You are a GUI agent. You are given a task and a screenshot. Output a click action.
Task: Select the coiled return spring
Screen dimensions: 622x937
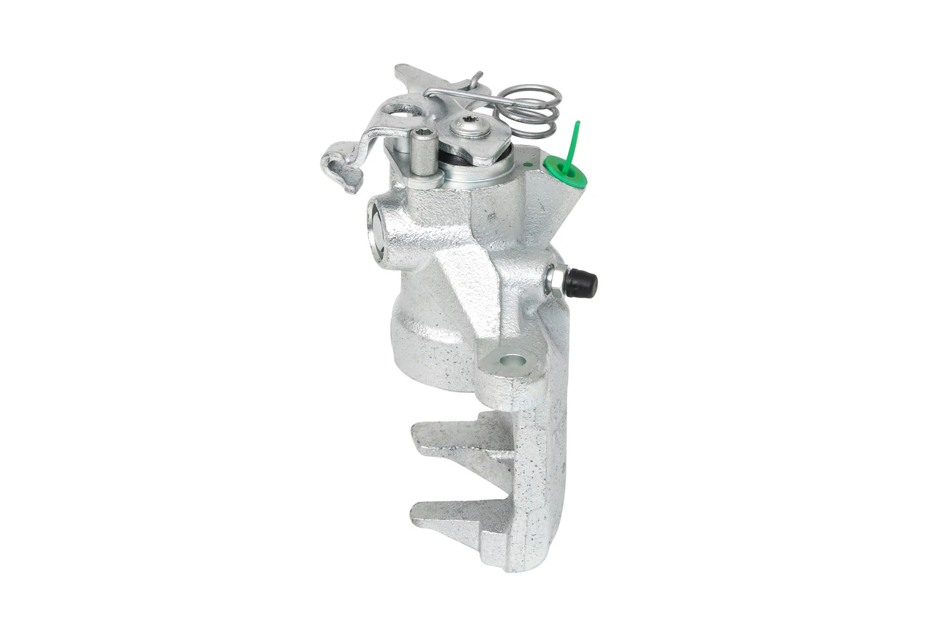pos(532,109)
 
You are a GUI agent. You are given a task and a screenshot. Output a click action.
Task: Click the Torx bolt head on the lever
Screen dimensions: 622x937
pos(467,127)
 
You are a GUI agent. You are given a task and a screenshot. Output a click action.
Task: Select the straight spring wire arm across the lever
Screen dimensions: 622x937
pos(461,94)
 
